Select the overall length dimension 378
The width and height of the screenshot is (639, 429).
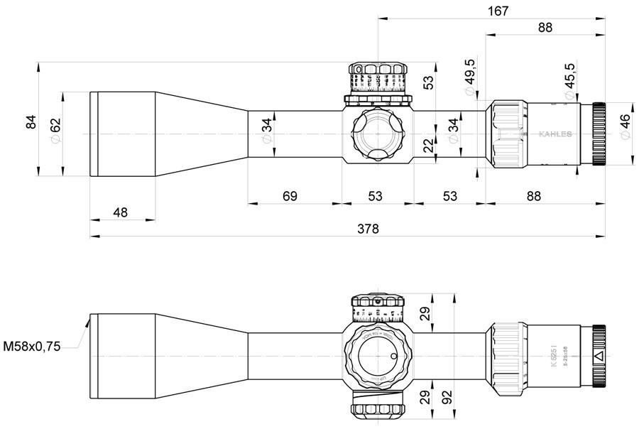pyautogui.click(x=368, y=229)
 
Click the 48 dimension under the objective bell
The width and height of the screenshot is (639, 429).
pyautogui.click(x=121, y=212)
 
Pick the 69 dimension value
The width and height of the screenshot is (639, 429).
pyautogui.click(x=290, y=195)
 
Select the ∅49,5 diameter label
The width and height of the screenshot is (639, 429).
pyautogui.click(x=469, y=72)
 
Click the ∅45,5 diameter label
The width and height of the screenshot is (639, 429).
pyautogui.click(x=570, y=76)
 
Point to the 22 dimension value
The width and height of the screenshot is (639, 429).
pyautogui.click(x=427, y=147)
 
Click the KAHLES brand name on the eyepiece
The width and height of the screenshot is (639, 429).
pyautogui.click(x=555, y=134)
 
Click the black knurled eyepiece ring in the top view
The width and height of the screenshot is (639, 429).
pyautogui.click(x=599, y=134)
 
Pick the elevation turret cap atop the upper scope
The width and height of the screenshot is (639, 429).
pyautogui.click(x=378, y=77)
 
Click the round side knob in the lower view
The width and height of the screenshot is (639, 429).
pyautogui.click(x=378, y=355)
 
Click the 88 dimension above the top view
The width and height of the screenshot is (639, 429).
pyautogui.click(x=545, y=28)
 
